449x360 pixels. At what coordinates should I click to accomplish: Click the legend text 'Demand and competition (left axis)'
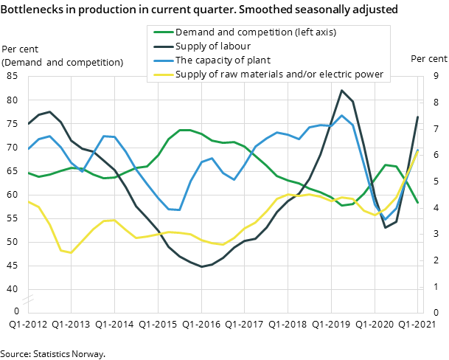click(x=256, y=32)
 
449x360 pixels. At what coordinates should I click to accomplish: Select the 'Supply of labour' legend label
click(x=213, y=46)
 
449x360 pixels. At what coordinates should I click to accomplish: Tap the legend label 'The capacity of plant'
click(x=223, y=60)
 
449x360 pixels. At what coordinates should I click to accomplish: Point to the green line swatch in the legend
click(x=163, y=32)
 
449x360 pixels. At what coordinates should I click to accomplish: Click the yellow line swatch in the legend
click(x=163, y=74)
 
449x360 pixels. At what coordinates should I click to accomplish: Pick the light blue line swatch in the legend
click(x=163, y=60)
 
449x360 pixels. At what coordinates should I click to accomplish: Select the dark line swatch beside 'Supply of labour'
click(x=163, y=46)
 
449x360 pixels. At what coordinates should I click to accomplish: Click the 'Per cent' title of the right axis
click(x=428, y=59)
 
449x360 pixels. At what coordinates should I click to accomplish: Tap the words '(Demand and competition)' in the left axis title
click(x=63, y=63)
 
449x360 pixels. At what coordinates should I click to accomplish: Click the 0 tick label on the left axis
click(x=16, y=312)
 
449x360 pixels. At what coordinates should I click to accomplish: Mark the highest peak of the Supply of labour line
click(x=341, y=90)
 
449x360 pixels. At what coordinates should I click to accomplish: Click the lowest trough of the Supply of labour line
click(x=202, y=266)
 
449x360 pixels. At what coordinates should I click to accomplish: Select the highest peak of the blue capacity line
click(x=341, y=115)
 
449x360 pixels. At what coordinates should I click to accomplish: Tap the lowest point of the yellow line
click(x=71, y=253)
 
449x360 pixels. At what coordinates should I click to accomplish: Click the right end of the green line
click(x=418, y=202)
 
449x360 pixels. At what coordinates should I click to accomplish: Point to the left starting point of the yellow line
click(x=28, y=201)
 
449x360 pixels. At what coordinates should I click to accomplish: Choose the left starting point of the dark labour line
click(x=28, y=124)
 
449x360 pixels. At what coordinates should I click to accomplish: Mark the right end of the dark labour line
click(x=418, y=117)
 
